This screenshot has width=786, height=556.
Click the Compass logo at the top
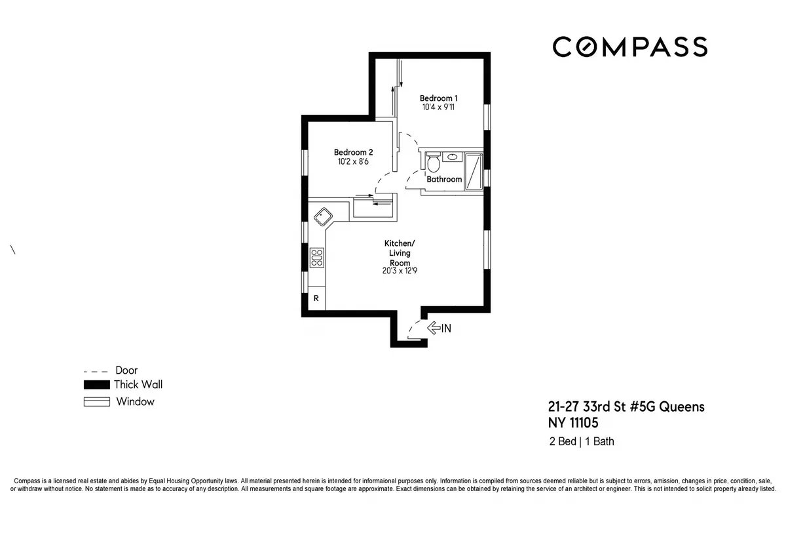(x=629, y=47)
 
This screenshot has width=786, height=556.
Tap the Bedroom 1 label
(x=439, y=98)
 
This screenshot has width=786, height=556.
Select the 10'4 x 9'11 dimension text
(x=438, y=108)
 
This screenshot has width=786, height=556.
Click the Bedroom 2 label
(x=353, y=151)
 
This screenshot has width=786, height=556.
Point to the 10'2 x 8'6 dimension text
(x=353, y=161)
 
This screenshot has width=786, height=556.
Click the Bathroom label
(x=444, y=179)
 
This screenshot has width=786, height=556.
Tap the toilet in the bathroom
(x=433, y=163)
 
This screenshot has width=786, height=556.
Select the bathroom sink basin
(x=452, y=157)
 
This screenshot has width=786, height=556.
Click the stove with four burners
(x=317, y=257)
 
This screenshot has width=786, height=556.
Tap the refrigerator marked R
(x=316, y=298)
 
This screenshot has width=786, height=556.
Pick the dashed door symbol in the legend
(x=96, y=370)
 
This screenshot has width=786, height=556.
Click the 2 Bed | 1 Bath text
(x=582, y=441)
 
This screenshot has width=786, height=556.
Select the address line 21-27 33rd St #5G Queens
(x=626, y=407)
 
